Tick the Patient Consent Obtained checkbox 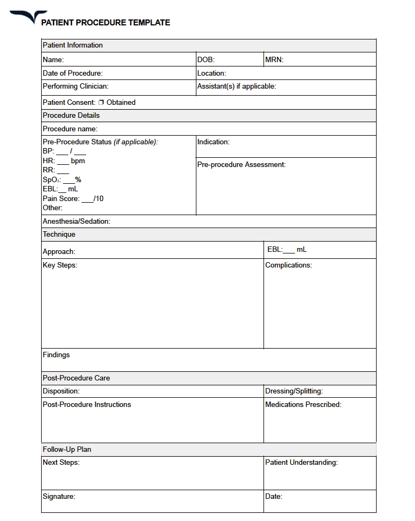pyautogui.click(x=101, y=102)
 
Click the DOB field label pyautogui.click(x=206, y=60)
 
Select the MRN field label pyautogui.click(x=274, y=60)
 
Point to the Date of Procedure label pyautogui.click(x=73, y=73)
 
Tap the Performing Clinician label pyautogui.click(x=75, y=86)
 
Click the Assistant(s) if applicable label pyautogui.click(x=236, y=86)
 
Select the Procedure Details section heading pyautogui.click(x=71, y=115)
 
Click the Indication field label pyautogui.click(x=213, y=142)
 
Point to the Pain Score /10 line pyautogui.click(x=73, y=198)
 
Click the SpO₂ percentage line pyautogui.click(x=62, y=179)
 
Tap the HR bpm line pyautogui.click(x=64, y=161)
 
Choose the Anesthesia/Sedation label pyautogui.click(x=76, y=221)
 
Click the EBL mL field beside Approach pyautogui.click(x=287, y=249)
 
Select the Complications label pyautogui.click(x=288, y=265)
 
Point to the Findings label pyautogui.click(x=56, y=355)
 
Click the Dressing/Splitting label pyautogui.click(x=294, y=391)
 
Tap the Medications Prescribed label pyautogui.click(x=303, y=404)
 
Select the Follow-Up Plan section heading pyautogui.click(x=67, y=449)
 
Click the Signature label pyautogui.click(x=59, y=496)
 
